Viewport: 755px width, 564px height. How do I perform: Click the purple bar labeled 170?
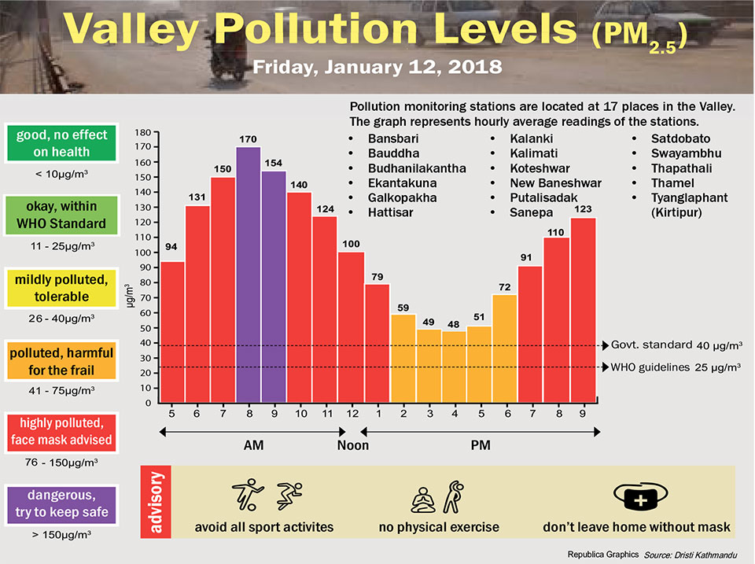249,275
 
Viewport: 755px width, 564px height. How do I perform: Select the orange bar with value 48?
453,367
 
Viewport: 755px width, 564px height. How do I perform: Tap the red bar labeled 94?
172,332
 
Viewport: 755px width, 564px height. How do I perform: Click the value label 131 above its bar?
197,197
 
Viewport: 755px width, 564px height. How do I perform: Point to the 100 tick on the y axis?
142,253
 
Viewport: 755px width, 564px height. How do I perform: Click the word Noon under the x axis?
352,445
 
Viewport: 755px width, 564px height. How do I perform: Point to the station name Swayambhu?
683,153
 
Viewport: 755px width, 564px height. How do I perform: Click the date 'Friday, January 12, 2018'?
377,67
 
